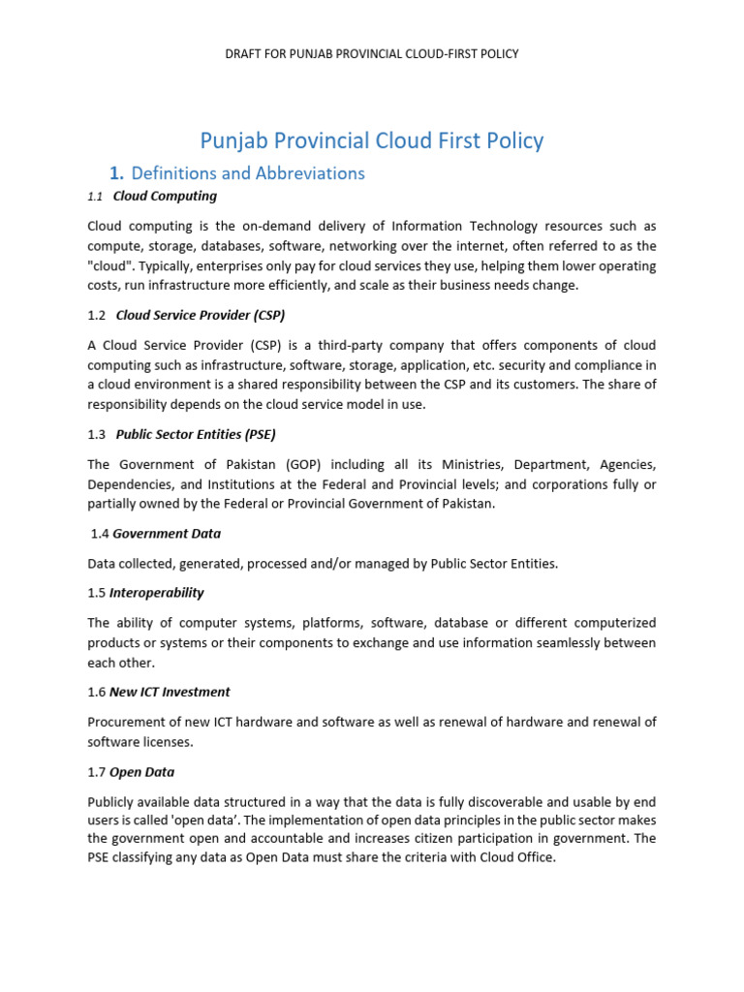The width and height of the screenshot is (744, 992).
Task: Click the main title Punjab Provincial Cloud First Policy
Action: coord(371,140)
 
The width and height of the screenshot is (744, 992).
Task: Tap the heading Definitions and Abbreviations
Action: coord(247,173)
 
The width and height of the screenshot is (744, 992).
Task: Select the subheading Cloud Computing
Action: coord(165,196)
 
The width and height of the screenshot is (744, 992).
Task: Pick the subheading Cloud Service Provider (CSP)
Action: coord(201,315)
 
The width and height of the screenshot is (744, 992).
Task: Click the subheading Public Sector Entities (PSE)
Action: coord(202,434)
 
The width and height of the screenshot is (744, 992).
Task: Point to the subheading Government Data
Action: coord(167,533)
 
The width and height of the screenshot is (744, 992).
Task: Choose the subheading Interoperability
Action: coord(156,592)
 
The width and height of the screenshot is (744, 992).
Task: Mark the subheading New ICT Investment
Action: coord(170,692)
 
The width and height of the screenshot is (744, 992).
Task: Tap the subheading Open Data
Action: coord(141,772)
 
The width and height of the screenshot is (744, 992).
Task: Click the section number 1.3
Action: coord(96,434)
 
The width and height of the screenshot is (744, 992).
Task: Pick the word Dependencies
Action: coord(126,483)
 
